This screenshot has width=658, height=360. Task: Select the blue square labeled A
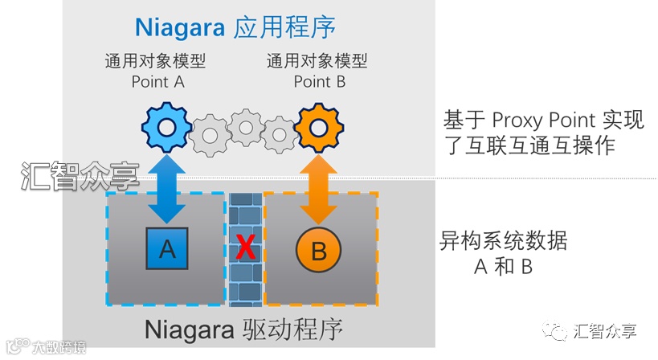[167, 249]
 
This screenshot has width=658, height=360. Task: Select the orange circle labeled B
[319, 251]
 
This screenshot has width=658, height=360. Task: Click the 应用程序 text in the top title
[284, 27]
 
